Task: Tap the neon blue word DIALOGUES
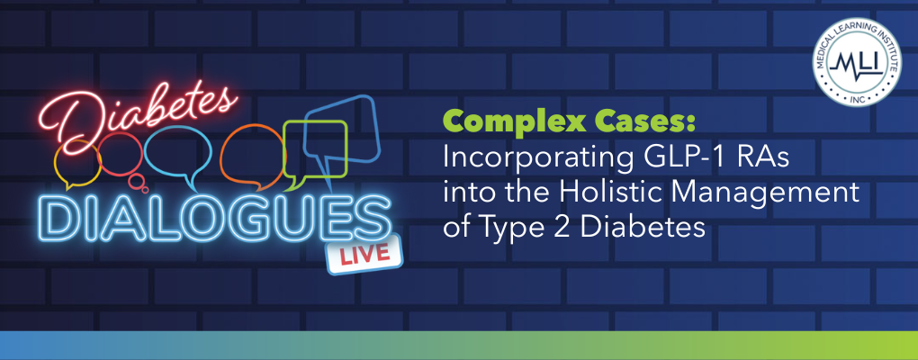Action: (x=216, y=219)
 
